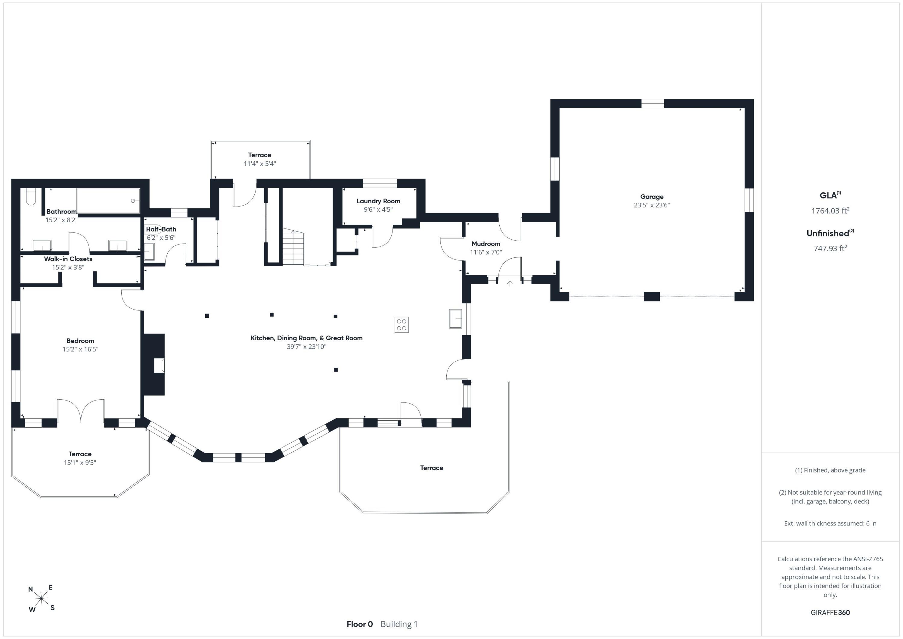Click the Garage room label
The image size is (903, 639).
tap(652, 197)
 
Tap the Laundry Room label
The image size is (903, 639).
tap(378, 201)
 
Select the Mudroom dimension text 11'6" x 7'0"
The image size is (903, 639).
tap(486, 252)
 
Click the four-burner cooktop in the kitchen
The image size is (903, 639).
tap(402, 325)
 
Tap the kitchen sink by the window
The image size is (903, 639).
tap(455, 318)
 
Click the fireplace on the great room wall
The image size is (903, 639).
tap(154, 365)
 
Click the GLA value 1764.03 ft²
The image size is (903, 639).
tap(830, 210)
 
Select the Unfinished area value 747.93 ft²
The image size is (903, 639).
tap(830, 248)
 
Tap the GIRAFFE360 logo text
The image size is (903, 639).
tap(830, 613)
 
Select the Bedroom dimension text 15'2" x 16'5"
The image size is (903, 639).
tap(80, 349)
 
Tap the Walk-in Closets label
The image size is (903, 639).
tap(68, 259)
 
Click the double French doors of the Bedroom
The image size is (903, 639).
tap(81, 411)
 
